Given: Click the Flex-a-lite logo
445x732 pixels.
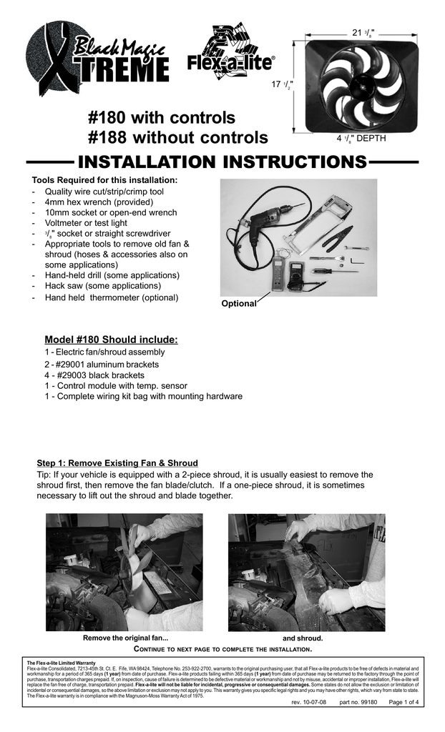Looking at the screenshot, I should [230, 54].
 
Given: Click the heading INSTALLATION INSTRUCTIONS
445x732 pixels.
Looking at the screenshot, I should [222, 162].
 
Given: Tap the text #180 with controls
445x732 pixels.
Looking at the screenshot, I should [161, 117].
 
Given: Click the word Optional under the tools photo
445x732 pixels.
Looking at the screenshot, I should [238, 303].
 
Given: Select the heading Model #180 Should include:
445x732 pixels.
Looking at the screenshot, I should [111, 339].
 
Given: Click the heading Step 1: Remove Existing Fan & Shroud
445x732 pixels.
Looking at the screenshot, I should [117, 463].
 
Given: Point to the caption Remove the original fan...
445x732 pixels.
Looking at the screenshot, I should [126, 638].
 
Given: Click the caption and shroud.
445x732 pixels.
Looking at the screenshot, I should [303, 638].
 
